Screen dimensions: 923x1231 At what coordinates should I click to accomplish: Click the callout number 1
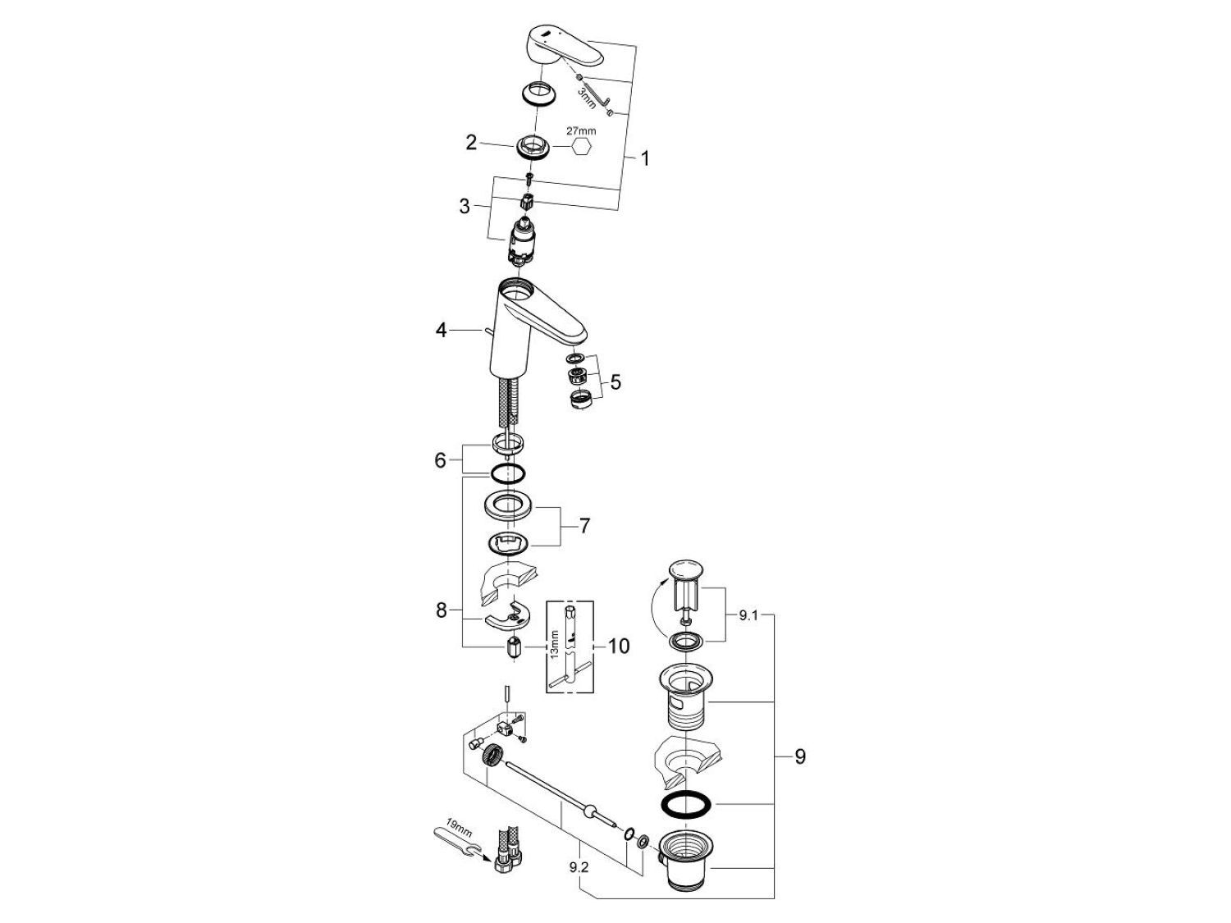pyautogui.click(x=644, y=158)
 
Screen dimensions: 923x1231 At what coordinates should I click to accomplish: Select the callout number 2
pyautogui.click(x=471, y=143)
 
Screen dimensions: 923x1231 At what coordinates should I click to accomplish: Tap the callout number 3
pyautogui.click(x=464, y=206)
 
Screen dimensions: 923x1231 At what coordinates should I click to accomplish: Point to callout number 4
pyautogui.click(x=442, y=331)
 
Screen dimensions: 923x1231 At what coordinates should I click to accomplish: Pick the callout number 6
pyautogui.click(x=441, y=460)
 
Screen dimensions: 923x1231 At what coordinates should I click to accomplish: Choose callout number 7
pyautogui.click(x=583, y=525)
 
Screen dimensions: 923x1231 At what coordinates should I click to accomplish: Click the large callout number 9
pyautogui.click(x=800, y=756)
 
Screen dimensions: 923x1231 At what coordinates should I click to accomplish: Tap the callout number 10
pyautogui.click(x=618, y=647)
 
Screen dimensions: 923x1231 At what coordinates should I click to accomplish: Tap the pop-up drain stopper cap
pyautogui.click(x=687, y=570)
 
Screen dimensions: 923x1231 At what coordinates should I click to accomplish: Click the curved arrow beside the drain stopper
pyautogui.click(x=659, y=605)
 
